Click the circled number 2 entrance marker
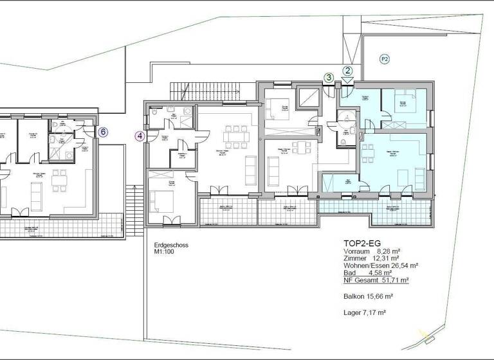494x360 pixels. pos(348,71)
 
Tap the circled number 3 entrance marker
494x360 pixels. pos(329,78)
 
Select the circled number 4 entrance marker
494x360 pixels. pos(140,136)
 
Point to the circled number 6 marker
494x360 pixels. pos(103,132)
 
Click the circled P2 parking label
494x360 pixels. pos(385,59)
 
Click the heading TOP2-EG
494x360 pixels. pos(362,244)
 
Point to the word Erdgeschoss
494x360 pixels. pos(169,245)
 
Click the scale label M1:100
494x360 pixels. pos(165,252)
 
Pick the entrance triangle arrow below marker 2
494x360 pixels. pos(348,82)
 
